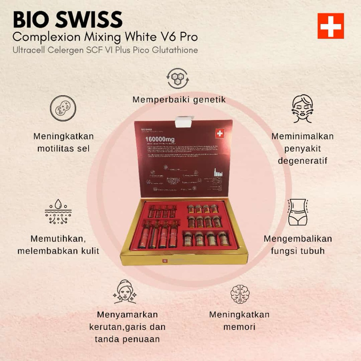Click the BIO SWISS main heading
[68, 20]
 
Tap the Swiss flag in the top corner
[330, 26]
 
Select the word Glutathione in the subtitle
[175, 50]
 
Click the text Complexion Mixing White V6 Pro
[105, 36]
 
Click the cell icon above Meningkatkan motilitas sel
[63, 109]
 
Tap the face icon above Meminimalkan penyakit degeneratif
[302, 108]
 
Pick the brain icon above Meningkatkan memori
[240, 294]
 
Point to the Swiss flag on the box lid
[220, 133]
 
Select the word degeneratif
[302, 161]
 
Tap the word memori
[239, 327]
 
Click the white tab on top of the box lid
[184, 122]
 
